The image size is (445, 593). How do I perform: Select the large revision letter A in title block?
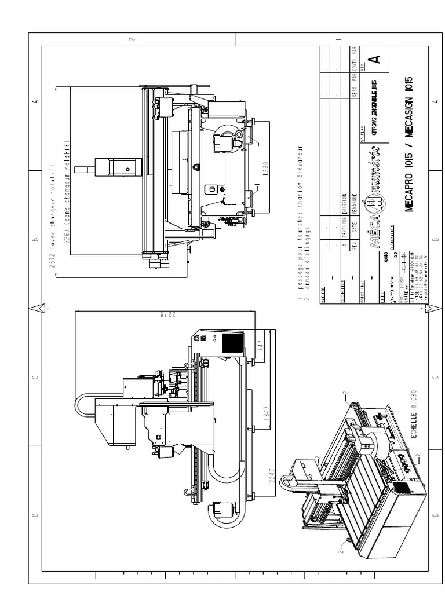[375, 59]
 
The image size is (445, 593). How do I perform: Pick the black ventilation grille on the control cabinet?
[233, 344]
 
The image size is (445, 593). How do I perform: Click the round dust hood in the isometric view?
[380, 445]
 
